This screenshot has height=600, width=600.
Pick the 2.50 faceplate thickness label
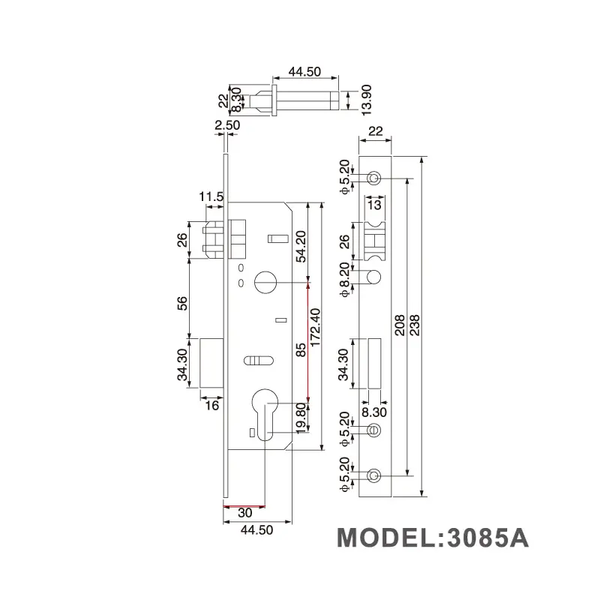226,126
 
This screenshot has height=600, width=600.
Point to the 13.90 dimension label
365,97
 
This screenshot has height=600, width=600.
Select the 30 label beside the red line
244,514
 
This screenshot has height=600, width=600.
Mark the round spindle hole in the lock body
265,282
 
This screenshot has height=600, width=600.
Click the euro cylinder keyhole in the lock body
265,409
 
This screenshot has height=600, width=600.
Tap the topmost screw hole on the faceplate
374,178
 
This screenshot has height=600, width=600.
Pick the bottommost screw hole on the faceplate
374,475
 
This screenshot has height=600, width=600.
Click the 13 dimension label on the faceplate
374,205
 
